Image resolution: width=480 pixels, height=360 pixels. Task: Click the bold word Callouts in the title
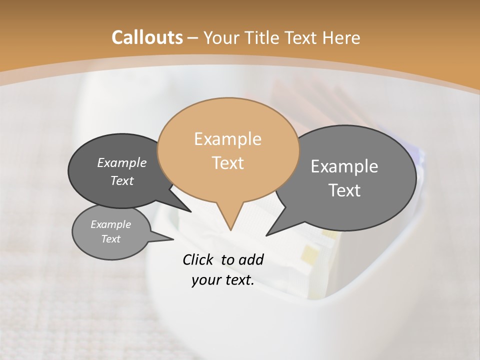[x=147, y=37]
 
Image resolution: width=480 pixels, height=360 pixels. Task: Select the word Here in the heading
[x=341, y=37]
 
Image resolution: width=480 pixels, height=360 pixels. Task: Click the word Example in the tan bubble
[x=227, y=139]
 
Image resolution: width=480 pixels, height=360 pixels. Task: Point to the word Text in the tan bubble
[x=227, y=163]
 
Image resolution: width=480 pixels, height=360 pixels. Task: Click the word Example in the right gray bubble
[x=344, y=166]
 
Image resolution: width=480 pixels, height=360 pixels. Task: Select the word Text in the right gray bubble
[x=344, y=190]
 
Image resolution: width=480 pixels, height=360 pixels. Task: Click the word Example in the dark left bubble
[x=122, y=162]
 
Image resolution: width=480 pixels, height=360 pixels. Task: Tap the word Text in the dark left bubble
[x=122, y=180]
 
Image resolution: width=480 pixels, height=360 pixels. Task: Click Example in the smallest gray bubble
[x=111, y=224]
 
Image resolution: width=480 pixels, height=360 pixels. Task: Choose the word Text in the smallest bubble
[x=111, y=239]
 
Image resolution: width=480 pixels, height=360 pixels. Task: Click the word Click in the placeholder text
[x=198, y=259]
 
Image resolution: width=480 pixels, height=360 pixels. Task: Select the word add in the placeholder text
[x=251, y=259]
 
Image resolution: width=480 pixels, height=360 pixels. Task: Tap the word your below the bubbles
[x=206, y=280]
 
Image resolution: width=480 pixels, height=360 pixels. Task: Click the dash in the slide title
[x=193, y=37]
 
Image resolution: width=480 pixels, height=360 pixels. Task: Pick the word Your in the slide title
[x=222, y=37]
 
